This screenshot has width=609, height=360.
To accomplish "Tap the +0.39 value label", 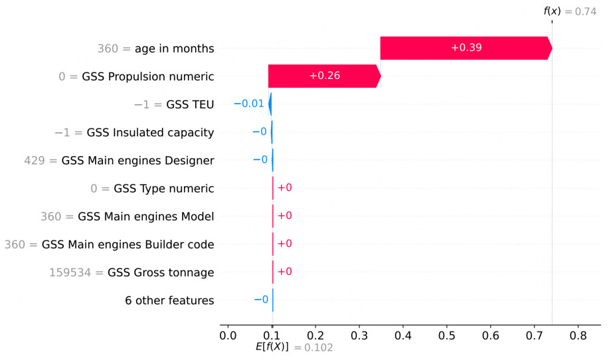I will tap(466, 48).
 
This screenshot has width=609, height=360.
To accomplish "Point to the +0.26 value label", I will tap(324, 76).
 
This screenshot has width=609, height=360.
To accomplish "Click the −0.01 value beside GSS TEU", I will tap(249, 104).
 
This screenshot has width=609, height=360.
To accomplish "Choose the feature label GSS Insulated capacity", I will tap(150, 133).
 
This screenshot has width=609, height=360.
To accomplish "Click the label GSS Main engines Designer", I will tap(137, 161).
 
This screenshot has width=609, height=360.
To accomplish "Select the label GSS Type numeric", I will tap(163, 189).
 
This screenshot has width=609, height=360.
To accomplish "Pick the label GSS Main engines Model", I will tap(145, 217).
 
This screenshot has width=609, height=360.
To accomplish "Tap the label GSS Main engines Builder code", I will tap(128, 244).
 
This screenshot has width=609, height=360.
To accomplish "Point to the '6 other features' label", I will tap(169, 301).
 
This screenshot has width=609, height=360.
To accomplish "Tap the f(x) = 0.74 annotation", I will tap(570, 11).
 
